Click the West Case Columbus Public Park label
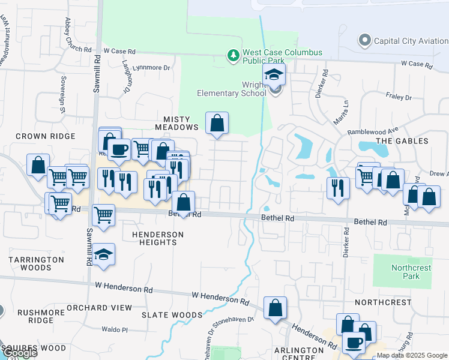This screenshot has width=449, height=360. click(282, 56)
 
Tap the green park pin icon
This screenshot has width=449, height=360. click(233, 56)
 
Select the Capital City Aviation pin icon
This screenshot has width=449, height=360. click(364, 41)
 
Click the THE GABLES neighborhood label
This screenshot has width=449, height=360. click(402, 140)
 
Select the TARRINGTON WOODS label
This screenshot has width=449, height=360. click(36, 263)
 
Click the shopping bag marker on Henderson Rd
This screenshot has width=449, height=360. click(275, 308)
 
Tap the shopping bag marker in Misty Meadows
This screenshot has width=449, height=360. click(217, 124)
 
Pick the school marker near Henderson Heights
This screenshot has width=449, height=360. click(104, 254)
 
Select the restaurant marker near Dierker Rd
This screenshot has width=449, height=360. click(338, 187)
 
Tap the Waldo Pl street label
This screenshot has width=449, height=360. click(115, 329)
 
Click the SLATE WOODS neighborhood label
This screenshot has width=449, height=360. click(172, 315)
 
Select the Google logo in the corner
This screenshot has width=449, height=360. click(20, 353)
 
